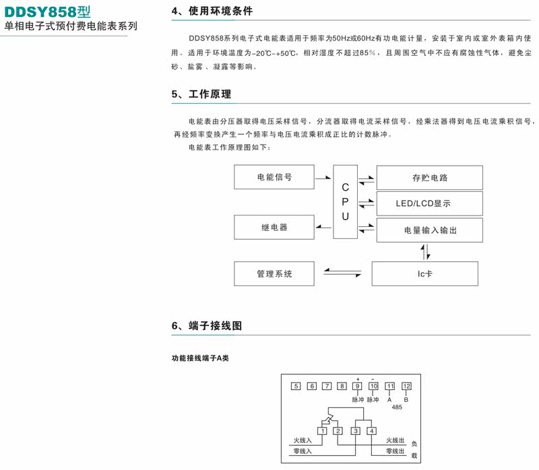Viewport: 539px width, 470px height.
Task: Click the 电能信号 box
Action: (x=274, y=177)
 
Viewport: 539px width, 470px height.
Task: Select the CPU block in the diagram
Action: (x=345, y=201)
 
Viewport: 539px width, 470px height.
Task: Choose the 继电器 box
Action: (x=274, y=228)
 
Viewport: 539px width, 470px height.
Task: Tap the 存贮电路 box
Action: (x=430, y=178)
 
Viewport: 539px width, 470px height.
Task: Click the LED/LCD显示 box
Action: (x=430, y=203)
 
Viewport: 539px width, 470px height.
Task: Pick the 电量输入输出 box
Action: (x=430, y=230)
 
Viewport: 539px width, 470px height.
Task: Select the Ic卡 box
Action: (x=424, y=274)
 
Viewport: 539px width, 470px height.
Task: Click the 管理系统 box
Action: (x=274, y=274)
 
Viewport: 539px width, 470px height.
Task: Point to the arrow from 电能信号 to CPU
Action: (x=323, y=178)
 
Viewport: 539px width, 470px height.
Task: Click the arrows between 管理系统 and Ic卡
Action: (x=342, y=272)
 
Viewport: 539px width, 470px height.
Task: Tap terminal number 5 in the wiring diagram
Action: (x=295, y=386)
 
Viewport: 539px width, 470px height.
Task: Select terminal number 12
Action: (x=406, y=386)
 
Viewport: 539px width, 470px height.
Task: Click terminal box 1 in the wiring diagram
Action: (x=323, y=431)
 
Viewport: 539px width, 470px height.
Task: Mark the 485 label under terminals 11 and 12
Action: (x=398, y=407)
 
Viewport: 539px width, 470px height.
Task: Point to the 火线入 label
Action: (x=303, y=440)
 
